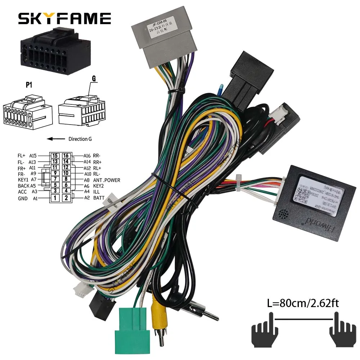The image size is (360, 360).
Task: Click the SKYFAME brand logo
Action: [x=64, y=18]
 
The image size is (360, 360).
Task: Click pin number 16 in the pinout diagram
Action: [x=66, y=156]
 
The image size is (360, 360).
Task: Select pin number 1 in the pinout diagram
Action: [x=55, y=198]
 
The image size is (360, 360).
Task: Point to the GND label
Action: [x=23, y=198]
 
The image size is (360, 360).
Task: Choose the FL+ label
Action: [x=22, y=156]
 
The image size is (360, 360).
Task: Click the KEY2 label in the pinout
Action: [x=99, y=186]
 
